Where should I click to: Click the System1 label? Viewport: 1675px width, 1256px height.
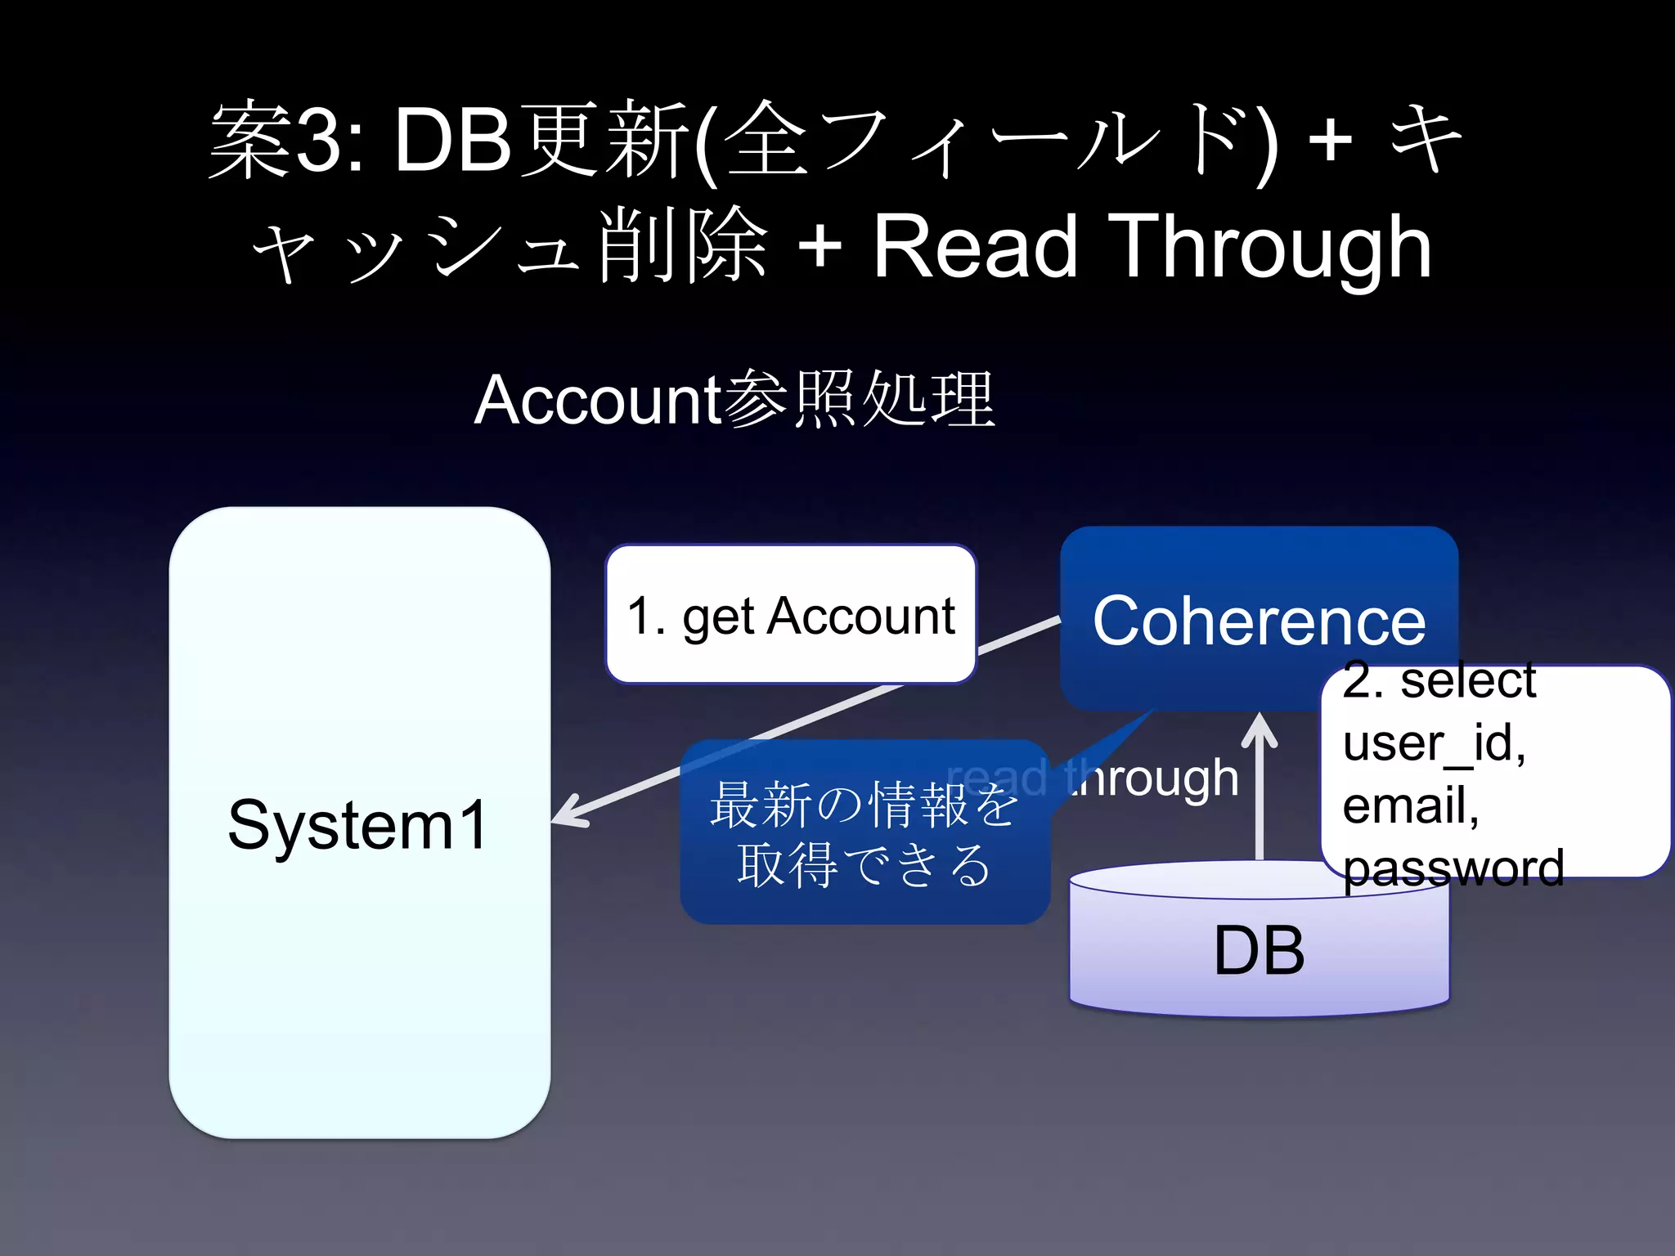[x=357, y=825]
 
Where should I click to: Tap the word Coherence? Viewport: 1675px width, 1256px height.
[x=1259, y=621]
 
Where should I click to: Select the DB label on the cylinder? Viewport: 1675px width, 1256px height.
[x=1259, y=950]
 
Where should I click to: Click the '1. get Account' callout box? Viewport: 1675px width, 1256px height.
[x=790, y=615]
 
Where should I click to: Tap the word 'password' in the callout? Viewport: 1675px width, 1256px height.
[x=1453, y=868]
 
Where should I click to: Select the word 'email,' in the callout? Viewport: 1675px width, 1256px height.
[x=1410, y=805]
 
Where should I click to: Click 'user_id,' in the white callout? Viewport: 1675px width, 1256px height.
[x=1434, y=742]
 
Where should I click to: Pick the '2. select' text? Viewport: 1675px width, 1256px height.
[x=1439, y=680]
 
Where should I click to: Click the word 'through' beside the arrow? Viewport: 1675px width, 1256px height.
[x=1153, y=778]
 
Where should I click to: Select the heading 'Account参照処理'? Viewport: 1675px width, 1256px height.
[x=734, y=400]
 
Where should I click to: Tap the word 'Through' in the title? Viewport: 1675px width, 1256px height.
[x=1273, y=247]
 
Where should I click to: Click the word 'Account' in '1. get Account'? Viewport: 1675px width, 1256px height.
[x=860, y=616]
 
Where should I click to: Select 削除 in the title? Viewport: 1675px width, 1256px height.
[x=684, y=245]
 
